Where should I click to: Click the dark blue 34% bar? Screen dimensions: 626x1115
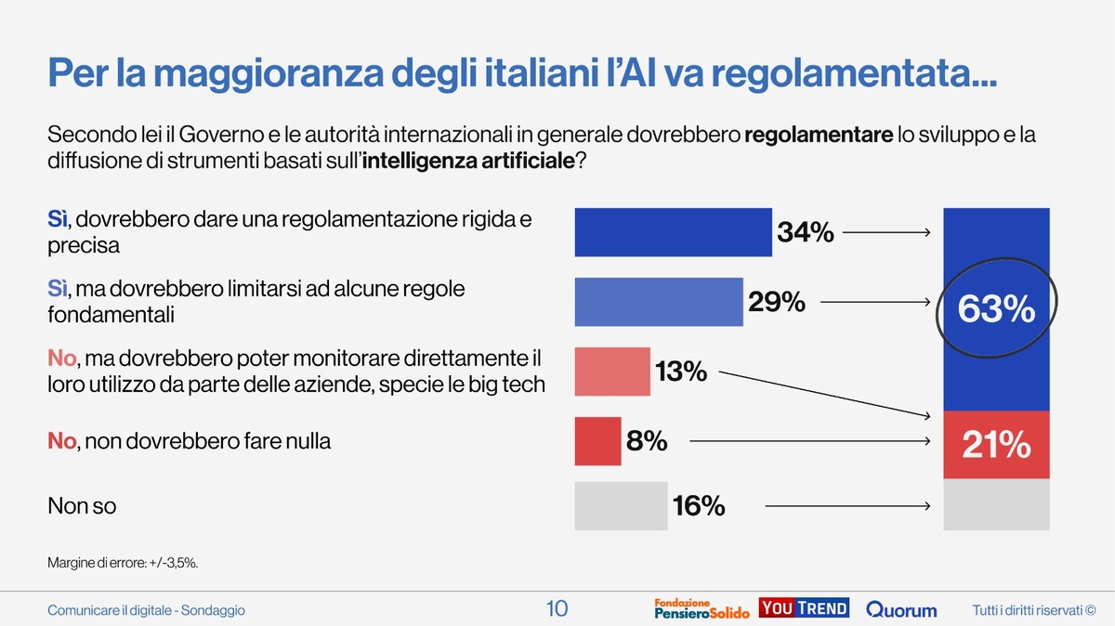pyautogui.click(x=674, y=231)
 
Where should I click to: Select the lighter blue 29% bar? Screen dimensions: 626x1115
pyautogui.click(x=659, y=301)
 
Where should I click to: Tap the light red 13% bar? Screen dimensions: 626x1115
pyautogui.click(x=612, y=372)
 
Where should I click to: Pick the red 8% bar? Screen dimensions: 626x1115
pyautogui.click(x=597, y=441)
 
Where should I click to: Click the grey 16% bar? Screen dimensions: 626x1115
pyautogui.click(x=621, y=506)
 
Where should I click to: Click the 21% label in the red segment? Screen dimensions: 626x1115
pyautogui.click(x=996, y=446)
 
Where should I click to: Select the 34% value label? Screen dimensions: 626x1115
pyautogui.click(x=806, y=232)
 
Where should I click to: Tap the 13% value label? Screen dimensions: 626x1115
pyautogui.click(x=681, y=372)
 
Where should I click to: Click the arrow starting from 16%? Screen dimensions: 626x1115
pyautogui.click(x=847, y=506)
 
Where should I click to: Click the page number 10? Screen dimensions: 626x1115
pyautogui.click(x=557, y=609)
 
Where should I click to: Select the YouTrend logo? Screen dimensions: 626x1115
pyautogui.click(x=804, y=608)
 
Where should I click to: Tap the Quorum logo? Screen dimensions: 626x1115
pyautogui.click(x=901, y=610)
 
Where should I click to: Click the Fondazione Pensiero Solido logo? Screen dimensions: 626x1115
pyautogui.click(x=702, y=608)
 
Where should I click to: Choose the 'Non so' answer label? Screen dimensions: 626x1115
pyautogui.click(x=82, y=506)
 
